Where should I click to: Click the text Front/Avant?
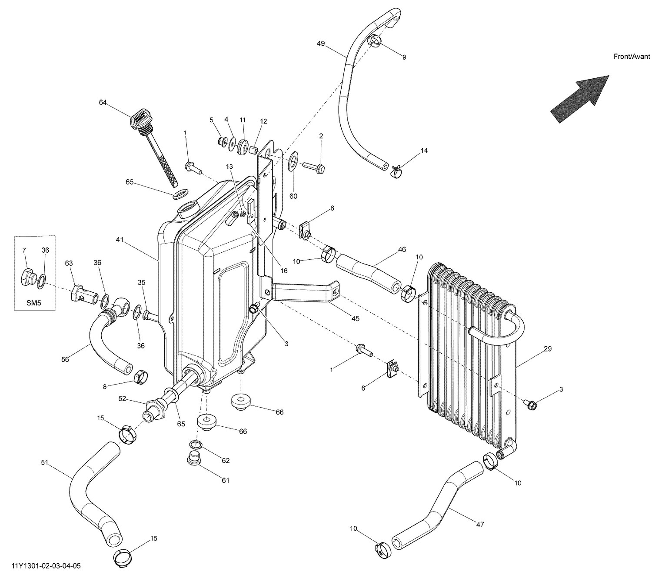tap(632, 57)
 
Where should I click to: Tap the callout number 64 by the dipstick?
tap(103, 102)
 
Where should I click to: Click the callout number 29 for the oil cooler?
tap(547, 349)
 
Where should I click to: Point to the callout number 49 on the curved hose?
tap(321, 43)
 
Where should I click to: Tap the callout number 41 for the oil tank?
tap(120, 240)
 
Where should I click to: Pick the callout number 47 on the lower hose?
tap(480, 525)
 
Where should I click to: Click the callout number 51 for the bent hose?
tap(44, 463)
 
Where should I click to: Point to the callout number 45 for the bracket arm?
tap(355, 318)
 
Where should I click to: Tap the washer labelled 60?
tap(293, 160)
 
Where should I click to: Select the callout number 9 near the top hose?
tap(404, 57)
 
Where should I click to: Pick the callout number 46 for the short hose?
tap(402, 250)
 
